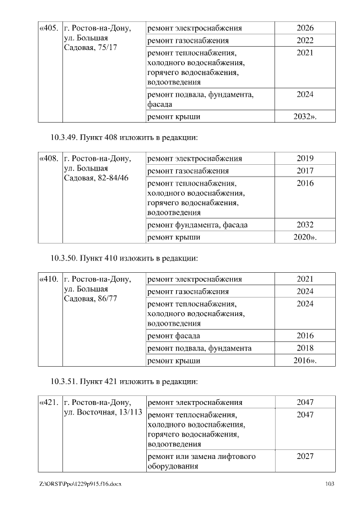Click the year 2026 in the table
click(x=305, y=28)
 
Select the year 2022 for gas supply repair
click(x=305, y=40)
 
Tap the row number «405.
click(x=48, y=28)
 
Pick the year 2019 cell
click(x=305, y=158)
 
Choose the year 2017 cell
click(x=305, y=170)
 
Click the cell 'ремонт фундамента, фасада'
click(x=197, y=225)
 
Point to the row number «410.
click(x=48, y=279)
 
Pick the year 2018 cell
click(x=305, y=348)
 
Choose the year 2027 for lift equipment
click(x=305, y=456)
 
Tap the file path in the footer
click(x=80, y=484)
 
